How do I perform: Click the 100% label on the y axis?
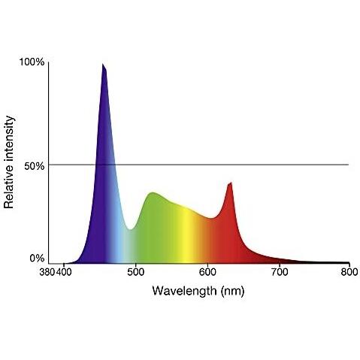pos(32,62)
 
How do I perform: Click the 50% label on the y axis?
pos(35,165)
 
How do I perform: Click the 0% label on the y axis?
pos(37,259)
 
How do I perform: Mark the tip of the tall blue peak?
pos(104,65)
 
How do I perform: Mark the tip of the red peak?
pos(231,182)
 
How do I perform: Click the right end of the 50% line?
pos(348,165)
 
